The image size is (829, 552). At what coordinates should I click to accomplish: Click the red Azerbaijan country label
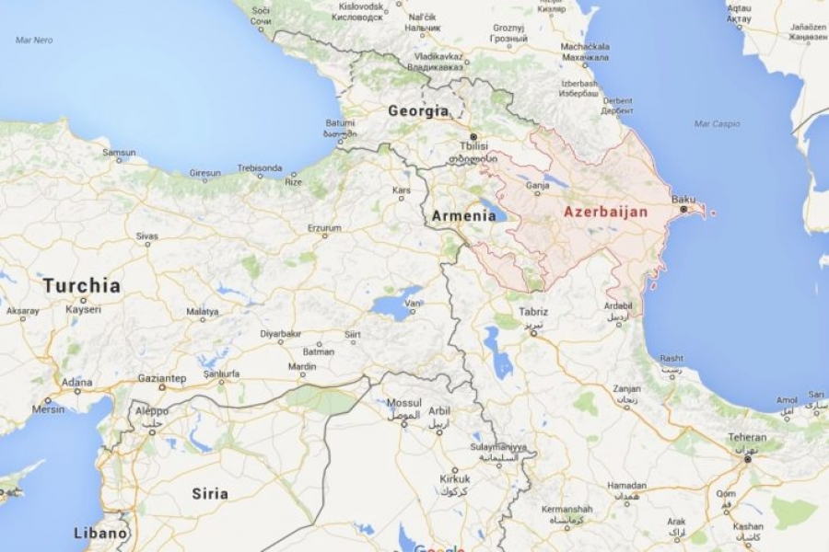(605, 212)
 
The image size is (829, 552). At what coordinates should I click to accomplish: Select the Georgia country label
(418, 110)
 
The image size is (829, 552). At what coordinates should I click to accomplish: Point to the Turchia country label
(81, 285)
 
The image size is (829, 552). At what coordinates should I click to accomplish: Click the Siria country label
(209, 493)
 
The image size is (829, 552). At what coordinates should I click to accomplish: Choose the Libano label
(100, 533)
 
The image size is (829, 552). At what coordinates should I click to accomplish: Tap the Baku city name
(683, 199)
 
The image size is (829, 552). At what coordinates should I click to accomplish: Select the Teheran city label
(746, 437)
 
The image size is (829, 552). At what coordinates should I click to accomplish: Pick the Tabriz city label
(532, 312)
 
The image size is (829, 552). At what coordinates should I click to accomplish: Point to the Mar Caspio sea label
(718, 123)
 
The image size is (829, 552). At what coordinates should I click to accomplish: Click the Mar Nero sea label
(34, 40)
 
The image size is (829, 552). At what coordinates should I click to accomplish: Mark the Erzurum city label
(324, 227)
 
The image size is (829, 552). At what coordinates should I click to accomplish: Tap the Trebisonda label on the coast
(259, 168)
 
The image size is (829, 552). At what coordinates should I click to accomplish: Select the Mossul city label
(403, 403)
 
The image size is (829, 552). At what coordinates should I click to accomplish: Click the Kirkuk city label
(454, 478)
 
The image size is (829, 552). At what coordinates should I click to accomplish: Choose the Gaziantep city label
(162, 377)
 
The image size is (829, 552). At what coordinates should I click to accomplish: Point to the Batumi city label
(340, 122)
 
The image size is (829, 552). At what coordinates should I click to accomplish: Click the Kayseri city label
(83, 309)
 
